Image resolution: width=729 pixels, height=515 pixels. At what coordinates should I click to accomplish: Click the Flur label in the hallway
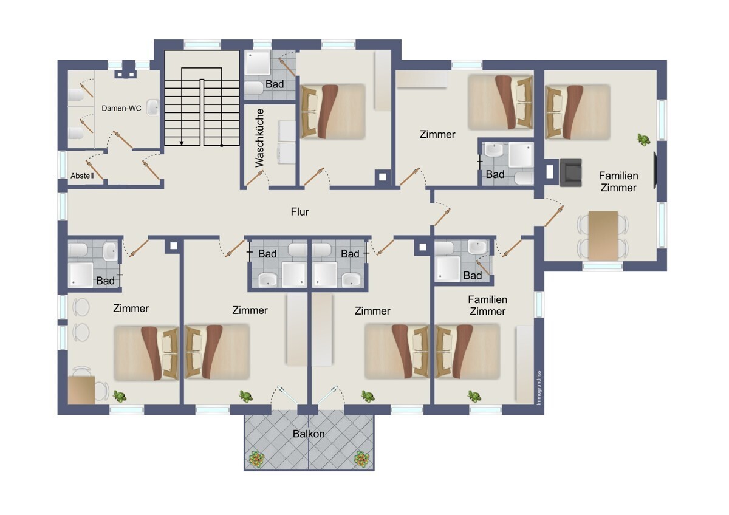coord(299,212)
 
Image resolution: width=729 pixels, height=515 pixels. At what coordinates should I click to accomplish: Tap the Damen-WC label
coord(122,108)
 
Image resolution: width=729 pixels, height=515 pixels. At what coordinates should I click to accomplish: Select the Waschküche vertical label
coord(259,138)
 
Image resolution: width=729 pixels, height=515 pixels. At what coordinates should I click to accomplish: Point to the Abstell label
coord(82,176)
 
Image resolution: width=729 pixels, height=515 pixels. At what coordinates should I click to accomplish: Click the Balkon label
coord(309,434)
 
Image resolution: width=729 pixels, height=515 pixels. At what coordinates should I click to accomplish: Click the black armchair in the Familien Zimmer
coord(570,172)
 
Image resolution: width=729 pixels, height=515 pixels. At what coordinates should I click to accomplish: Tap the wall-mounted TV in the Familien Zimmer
coord(655,170)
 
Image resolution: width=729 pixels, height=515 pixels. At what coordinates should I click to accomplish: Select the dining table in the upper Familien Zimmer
coord(603,236)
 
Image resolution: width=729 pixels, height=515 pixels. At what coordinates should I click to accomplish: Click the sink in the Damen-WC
coord(152,107)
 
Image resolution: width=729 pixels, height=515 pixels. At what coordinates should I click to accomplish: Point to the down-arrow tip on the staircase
coord(182,144)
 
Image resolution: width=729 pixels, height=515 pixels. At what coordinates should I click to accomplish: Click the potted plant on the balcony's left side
coord(257,459)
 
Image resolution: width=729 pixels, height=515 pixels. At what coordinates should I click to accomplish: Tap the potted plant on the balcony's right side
coord(361,459)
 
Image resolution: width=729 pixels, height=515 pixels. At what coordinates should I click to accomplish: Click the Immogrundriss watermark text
coord(539,388)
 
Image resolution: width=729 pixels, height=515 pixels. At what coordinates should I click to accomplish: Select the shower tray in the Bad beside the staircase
coord(258,62)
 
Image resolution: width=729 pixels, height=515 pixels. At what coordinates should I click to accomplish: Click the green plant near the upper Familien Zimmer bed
coord(643,140)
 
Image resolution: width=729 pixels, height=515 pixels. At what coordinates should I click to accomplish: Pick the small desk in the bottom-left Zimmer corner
coord(81,390)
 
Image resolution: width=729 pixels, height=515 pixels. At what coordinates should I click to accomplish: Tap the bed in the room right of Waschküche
coord(333,112)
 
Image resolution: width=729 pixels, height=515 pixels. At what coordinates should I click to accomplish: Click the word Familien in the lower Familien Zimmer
coord(487,299)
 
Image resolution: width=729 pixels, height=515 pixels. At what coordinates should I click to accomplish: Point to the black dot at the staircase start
coord(222,145)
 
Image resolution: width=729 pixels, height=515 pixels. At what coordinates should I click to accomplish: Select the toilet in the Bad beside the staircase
coord(253,88)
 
